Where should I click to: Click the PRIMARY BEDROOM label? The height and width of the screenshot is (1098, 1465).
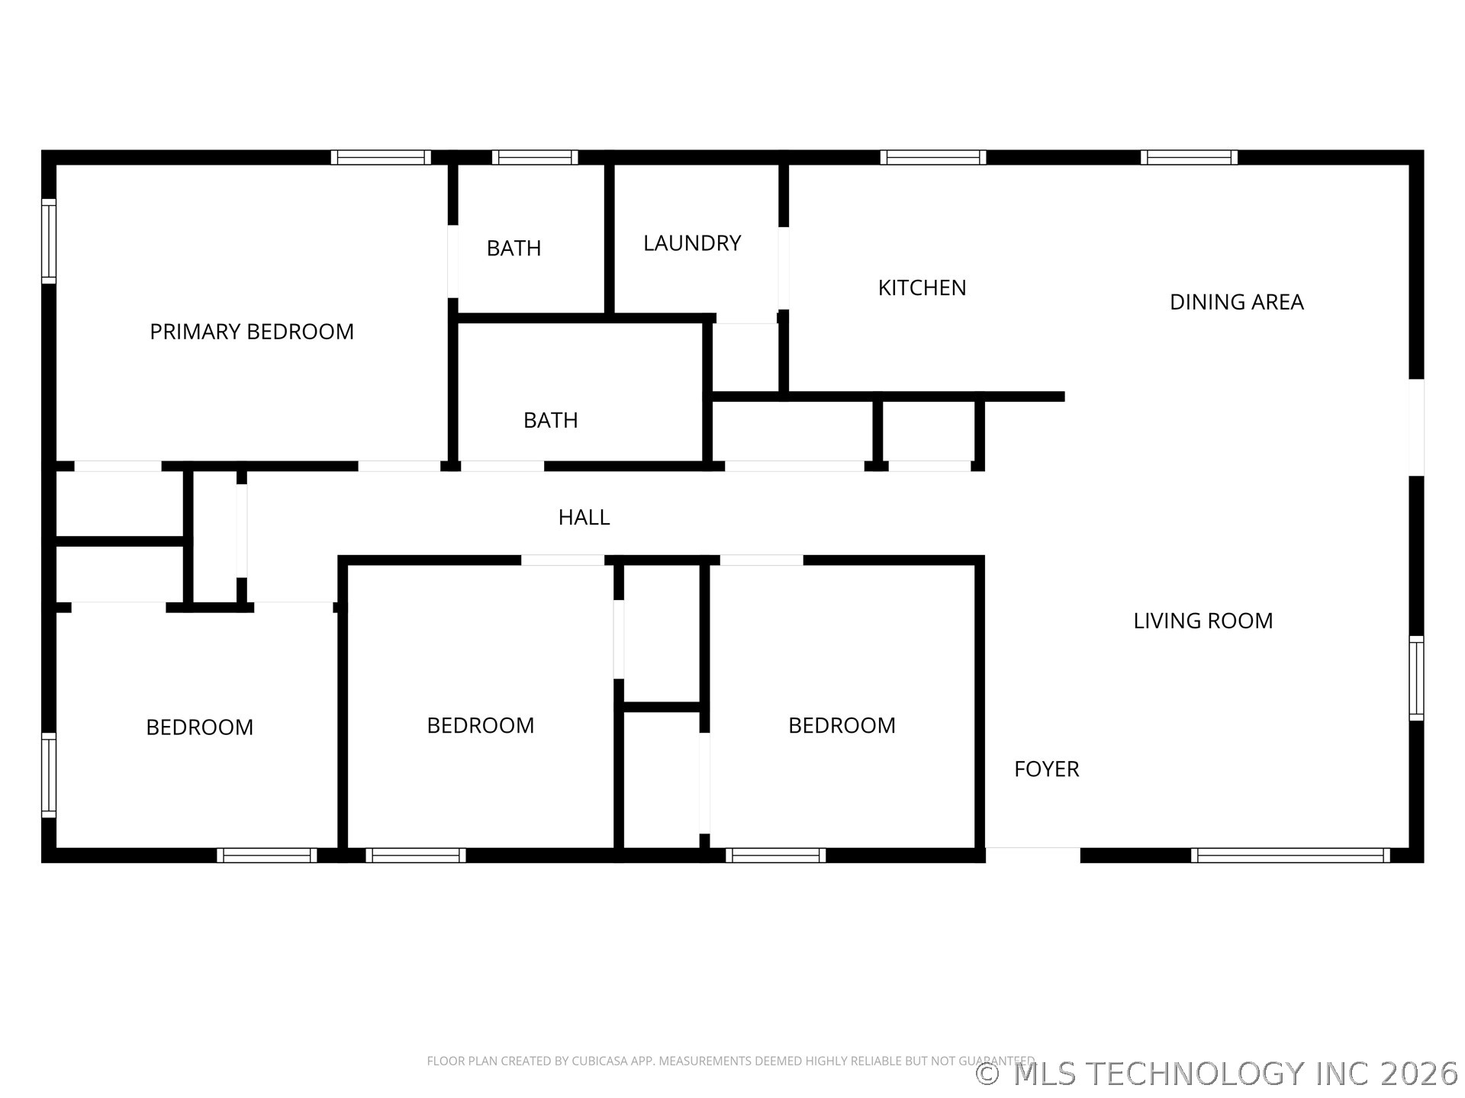pyautogui.click(x=252, y=332)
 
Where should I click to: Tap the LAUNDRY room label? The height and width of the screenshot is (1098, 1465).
pyautogui.click(x=692, y=243)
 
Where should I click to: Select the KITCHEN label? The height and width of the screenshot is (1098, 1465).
pyautogui.click(x=922, y=287)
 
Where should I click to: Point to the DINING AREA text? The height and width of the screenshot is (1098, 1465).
pyautogui.click(x=1236, y=302)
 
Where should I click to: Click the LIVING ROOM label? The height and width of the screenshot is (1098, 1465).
pyautogui.click(x=1203, y=621)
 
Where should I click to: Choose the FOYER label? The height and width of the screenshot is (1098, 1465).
pyautogui.click(x=1046, y=769)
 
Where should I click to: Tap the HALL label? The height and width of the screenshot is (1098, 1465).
pyautogui.click(x=584, y=518)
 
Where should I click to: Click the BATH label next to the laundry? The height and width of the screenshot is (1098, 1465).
pyautogui.click(x=514, y=248)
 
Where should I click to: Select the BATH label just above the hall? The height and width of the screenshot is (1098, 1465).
pyautogui.click(x=550, y=420)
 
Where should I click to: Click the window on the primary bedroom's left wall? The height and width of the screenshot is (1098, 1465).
pyautogui.click(x=49, y=241)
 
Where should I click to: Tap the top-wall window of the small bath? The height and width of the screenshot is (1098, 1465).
pyautogui.click(x=535, y=158)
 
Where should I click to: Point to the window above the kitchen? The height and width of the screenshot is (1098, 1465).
pyautogui.click(x=932, y=158)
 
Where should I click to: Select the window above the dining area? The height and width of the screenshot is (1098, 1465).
pyautogui.click(x=1189, y=158)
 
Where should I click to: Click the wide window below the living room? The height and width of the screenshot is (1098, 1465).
pyautogui.click(x=1290, y=856)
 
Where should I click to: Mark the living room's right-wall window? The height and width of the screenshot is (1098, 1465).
pyautogui.click(x=1416, y=678)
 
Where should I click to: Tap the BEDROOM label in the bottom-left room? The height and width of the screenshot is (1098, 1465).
pyautogui.click(x=199, y=727)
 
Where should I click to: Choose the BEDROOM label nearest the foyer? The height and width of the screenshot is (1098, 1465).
pyautogui.click(x=842, y=725)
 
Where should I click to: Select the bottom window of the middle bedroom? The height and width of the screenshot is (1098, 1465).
pyautogui.click(x=416, y=856)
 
